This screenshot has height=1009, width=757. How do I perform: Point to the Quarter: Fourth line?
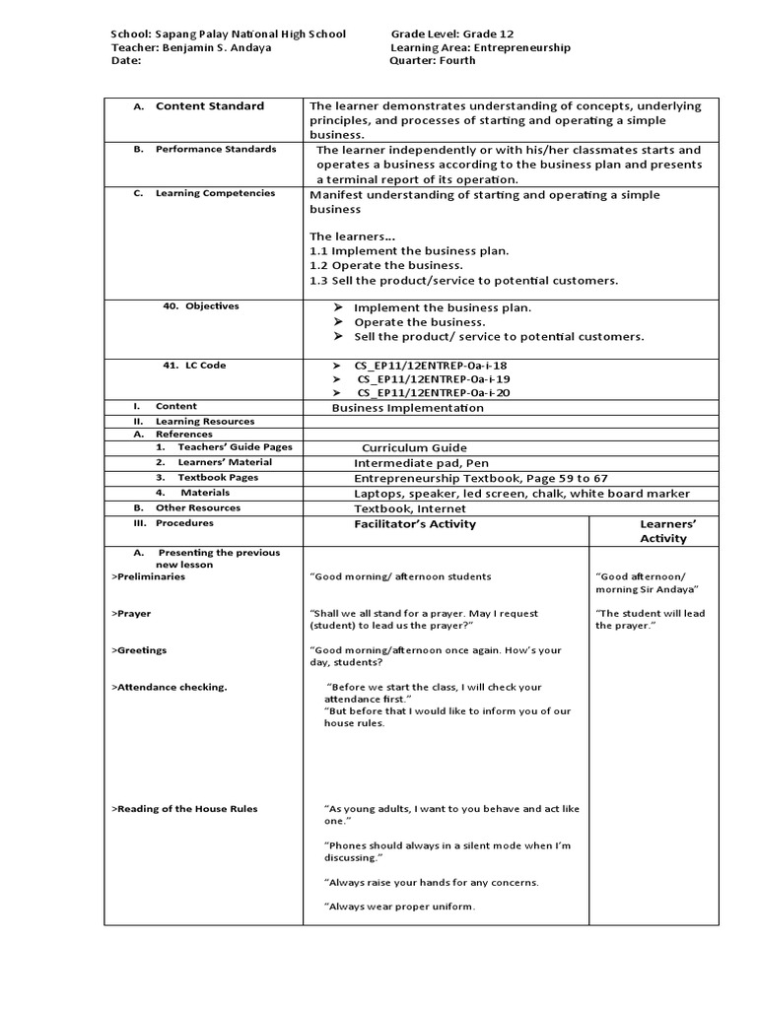pyautogui.click(x=433, y=60)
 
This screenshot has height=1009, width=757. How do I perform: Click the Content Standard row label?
pyautogui.click(x=209, y=106)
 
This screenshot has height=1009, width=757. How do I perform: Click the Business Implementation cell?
pyautogui.click(x=407, y=407)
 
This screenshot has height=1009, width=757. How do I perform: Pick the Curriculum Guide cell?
pyautogui.click(x=414, y=447)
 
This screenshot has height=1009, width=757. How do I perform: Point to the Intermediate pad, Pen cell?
pyautogui.click(x=421, y=462)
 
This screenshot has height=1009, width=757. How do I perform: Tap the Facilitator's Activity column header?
pyautogui.click(x=414, y=524)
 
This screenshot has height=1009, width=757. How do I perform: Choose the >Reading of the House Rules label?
pyautogui.click(x=184, y=809)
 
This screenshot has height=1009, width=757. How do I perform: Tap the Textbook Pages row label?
pyautogui.click(x=218, y=477)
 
